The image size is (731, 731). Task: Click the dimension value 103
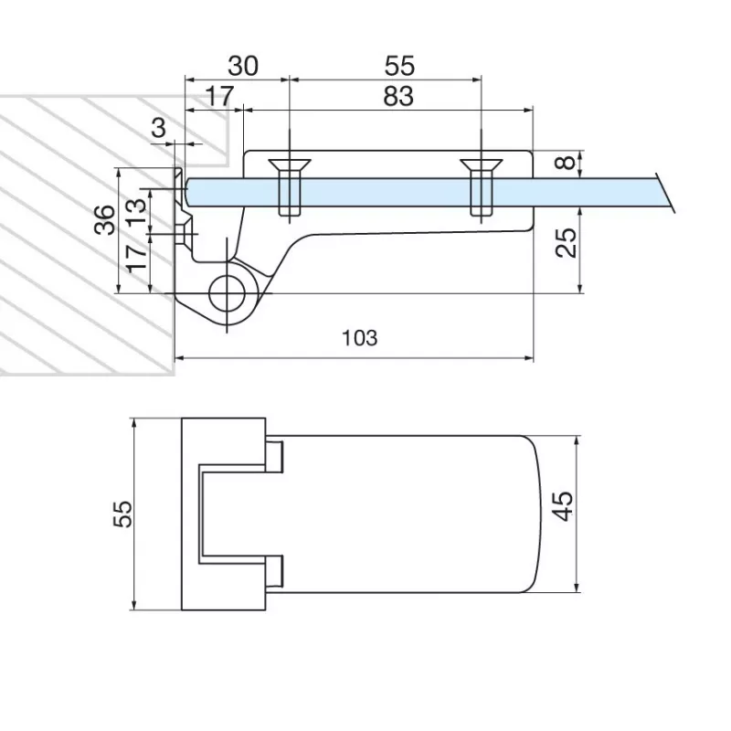pyautogui.click(x=359, y=337)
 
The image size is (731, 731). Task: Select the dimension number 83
pyautogui.click(x=397, y=94)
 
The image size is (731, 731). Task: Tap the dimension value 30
pyautogui.click(x=242, y=66)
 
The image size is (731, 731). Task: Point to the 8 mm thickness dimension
pyautogui.click(x=567, y=164)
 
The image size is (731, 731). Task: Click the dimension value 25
pyautogui.click(x=567, y=243)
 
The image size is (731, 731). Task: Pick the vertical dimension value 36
pyautogui.click(x=104, y=220)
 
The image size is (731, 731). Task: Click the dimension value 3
pyautogui.click(x=159, y=127)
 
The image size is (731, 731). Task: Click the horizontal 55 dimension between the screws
pyautogui.click(x=400, y=66)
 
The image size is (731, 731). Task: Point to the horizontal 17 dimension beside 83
pyautogui.click(x=217, y=94)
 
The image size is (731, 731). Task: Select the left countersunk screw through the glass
pyautogui.click(x=287, y=187)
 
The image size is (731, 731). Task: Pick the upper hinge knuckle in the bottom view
pyautogui.click(x=275, y=456)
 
